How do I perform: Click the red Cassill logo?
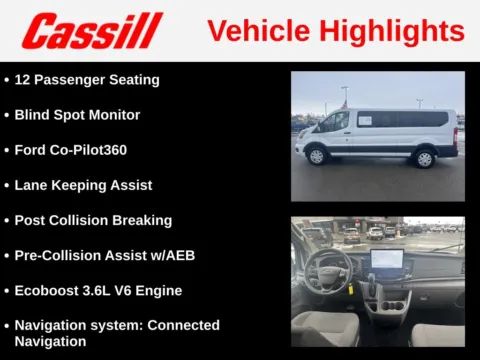click(x=92, y=31)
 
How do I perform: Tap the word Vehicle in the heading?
click(x=256, y=31)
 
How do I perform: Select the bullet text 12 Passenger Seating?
click(x=87, y=79)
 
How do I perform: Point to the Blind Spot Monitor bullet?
click(x=77, y=115)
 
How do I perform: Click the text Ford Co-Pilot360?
click(x=70, y=150)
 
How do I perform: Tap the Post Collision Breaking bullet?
click(x=93, y=220)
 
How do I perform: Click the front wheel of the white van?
click(x=317, y=156)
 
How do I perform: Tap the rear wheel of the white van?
click(x=423, y=158)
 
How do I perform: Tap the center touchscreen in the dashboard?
click(x=386, y=260)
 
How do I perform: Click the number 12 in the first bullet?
click(x=22, y=79)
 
